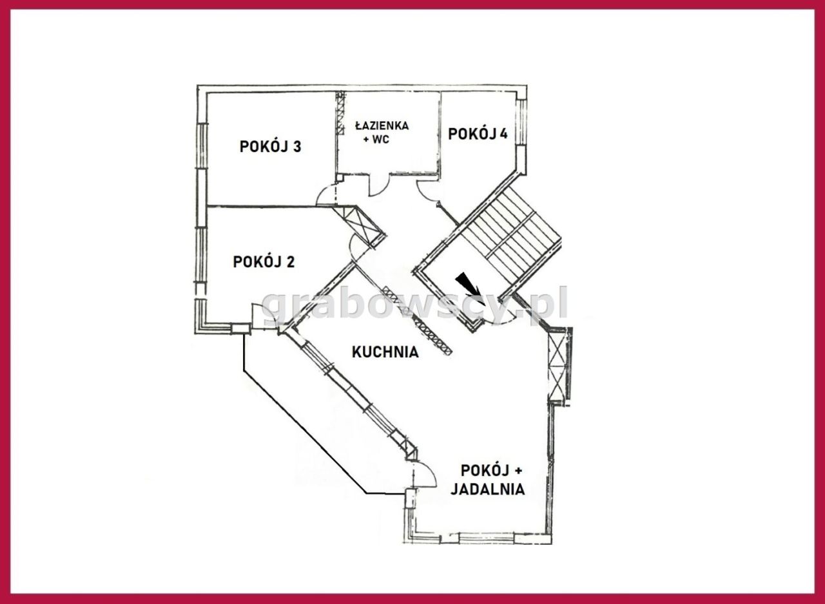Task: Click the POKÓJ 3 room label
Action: point(270,146)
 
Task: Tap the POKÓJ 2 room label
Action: point(264,262)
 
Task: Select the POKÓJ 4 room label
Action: point(477,134)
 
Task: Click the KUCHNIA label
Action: point(385,352)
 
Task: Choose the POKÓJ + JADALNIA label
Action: point(487,479)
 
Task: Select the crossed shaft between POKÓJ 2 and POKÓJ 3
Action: point(362,225)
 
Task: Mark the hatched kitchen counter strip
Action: point(418,319)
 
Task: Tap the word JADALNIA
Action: point(487,489)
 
